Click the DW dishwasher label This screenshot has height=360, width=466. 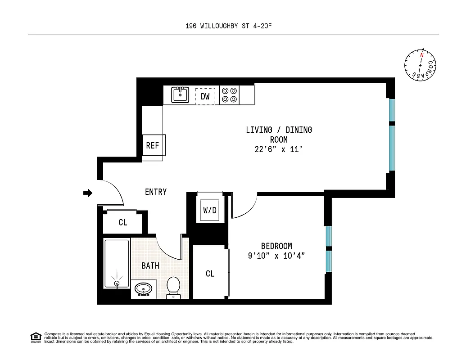pos(205,96)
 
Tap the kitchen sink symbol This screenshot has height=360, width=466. pos(181,95)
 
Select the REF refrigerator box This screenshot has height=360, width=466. pos(153,145)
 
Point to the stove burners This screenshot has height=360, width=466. pos(229,95)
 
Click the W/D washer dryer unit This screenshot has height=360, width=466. pos(210,210)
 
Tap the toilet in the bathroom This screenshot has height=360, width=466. pos(173,287)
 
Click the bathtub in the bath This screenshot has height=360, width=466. pos(117,264)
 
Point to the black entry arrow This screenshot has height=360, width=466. pos(88,193)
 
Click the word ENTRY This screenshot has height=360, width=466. pos(156,192)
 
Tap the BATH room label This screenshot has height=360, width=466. pos(150,265)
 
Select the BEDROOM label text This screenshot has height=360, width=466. pos(276,246)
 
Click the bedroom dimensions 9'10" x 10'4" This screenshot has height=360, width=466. pos(276,256)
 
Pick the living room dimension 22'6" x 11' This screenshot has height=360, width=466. pos(279,150)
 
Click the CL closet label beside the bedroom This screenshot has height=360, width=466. pos(210,274)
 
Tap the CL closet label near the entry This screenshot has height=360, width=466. pos(123,222)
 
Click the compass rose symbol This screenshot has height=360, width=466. pos(421,66)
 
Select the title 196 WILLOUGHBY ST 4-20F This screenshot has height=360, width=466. pos(229,26)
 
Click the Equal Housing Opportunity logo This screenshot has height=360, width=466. pos(36,337)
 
